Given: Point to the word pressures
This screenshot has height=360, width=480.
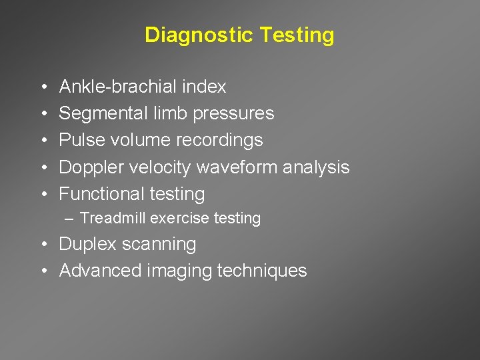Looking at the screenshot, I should click(233, 114).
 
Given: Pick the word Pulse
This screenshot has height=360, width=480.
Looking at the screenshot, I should click(79, 140).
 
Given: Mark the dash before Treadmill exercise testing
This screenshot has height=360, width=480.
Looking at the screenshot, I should click(70, 218).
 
